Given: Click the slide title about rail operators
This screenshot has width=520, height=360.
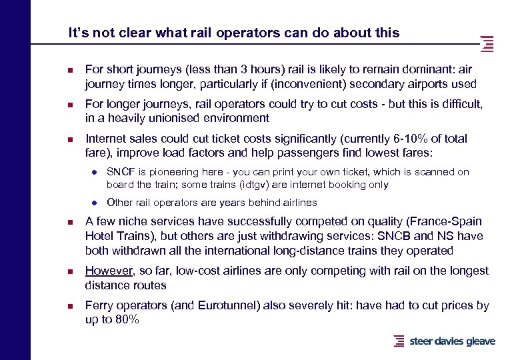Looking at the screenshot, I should click(x=234, y=32).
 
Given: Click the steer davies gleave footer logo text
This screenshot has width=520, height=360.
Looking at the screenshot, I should click(x=452, y=341).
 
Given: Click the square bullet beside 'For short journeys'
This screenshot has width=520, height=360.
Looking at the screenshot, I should click(x=71, y=69).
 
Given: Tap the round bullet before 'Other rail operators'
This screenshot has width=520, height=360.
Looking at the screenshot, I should click(x=95, y=203).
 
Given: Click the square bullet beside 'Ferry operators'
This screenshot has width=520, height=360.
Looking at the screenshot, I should click(x=71, y=306).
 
